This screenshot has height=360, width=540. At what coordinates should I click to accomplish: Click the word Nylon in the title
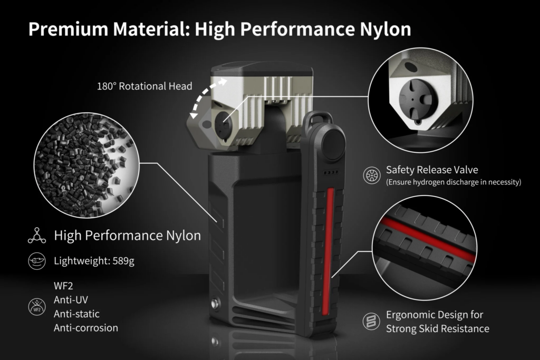tap(385, 30)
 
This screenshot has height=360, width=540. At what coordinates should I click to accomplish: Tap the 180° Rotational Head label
tap(144, 86)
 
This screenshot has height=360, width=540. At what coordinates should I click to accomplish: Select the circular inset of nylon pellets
tap(86, 165)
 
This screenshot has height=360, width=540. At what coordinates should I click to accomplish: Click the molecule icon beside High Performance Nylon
tap(37, 236)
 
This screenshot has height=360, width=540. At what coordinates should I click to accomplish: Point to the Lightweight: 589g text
tap(94, 261)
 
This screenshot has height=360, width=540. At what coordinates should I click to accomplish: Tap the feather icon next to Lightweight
tap(37, 261)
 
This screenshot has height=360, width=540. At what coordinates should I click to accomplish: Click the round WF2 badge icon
tap(37, 307)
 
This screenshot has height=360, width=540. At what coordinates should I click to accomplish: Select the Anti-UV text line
tap(71, 300)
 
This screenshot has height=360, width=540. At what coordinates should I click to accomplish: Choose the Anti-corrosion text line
tap(86, 328)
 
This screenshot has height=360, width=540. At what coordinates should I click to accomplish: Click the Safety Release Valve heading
tap(432, 170)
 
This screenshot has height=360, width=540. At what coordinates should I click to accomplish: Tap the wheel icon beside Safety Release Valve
tap(372, 175)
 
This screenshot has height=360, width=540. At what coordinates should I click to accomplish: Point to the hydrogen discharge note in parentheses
tap(454, 182)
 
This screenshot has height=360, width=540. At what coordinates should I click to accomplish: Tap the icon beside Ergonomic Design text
tap(371, 322)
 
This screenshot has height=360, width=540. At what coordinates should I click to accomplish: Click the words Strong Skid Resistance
tap(437, 329)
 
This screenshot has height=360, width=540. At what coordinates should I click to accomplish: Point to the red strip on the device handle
tap(329, 251)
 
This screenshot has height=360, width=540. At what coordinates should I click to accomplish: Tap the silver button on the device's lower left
tap(216, 304)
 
